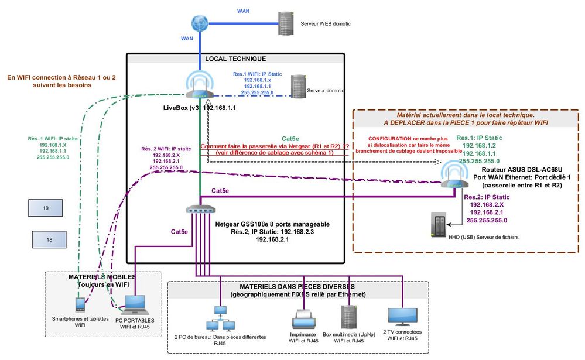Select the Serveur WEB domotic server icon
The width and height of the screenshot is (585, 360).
pos(286,23)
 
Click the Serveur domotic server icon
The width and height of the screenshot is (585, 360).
pos(299,87)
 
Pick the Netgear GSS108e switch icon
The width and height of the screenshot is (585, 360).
pos(200,210)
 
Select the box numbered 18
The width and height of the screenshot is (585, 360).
pos(49,239)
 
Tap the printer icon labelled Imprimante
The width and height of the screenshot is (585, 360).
pos(304,320)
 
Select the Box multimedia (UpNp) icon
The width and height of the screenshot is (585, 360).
pos(349,318)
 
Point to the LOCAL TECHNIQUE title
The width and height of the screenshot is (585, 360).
pos(235,59)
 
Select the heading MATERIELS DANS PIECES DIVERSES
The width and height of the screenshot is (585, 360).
pos(297,287)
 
